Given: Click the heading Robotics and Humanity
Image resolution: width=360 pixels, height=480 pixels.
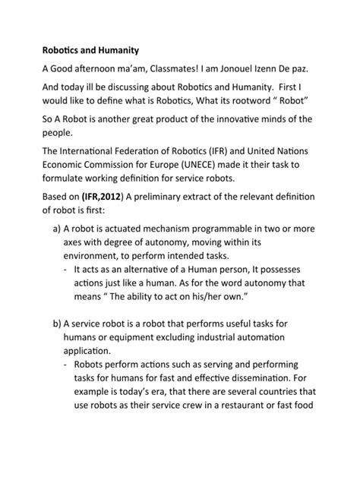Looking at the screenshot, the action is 90,51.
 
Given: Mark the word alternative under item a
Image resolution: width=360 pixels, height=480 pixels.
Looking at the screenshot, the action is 153,270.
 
